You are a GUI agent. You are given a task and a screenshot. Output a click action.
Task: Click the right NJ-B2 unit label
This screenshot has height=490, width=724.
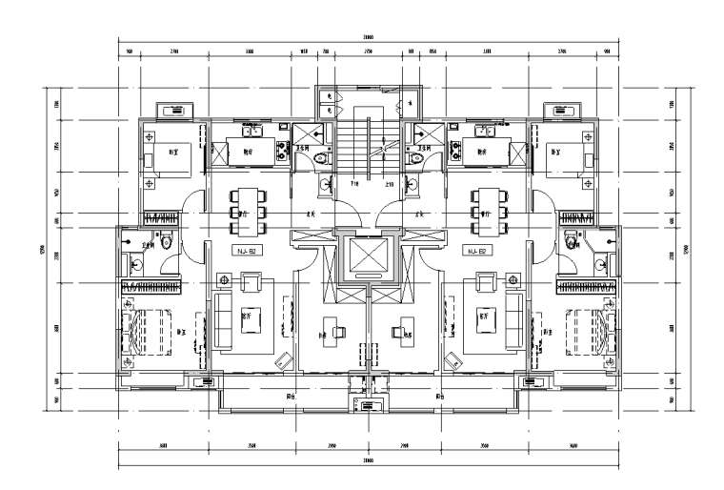click(475, 252)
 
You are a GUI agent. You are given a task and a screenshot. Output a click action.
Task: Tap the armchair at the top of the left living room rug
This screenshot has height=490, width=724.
click(251, 282)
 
